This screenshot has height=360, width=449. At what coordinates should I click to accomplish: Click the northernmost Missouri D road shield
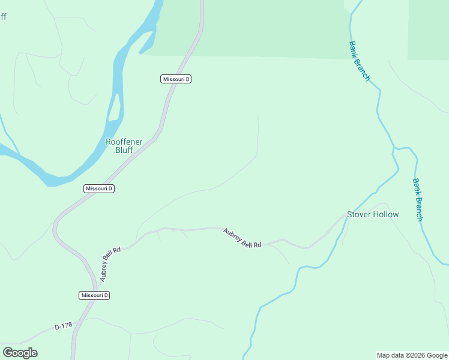click(176, 79)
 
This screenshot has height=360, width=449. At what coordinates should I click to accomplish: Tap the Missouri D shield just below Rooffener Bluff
click(99, 188)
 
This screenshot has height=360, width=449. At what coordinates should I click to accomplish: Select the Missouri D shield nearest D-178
click(95, 295)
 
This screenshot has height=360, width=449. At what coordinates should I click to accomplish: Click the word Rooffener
click(124, 142)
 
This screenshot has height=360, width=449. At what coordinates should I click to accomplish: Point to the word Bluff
click(124, 151)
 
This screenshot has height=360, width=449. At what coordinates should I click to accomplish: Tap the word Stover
click(359, 214)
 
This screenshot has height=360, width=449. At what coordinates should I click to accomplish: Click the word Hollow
click(386, 214)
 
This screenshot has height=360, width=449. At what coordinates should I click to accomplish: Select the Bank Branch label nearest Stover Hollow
click(417, 200)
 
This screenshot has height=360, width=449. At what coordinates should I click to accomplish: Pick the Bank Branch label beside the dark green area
click(359, 61)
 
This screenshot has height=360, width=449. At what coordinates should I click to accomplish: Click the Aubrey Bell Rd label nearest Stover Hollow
click(243, 238)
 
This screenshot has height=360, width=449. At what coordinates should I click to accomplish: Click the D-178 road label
click(63, 326)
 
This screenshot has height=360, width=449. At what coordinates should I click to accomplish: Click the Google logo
click(20, 353)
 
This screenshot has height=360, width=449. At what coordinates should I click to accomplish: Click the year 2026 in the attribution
click(418, 355)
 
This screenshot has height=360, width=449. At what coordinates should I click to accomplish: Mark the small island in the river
click(114, 107)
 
